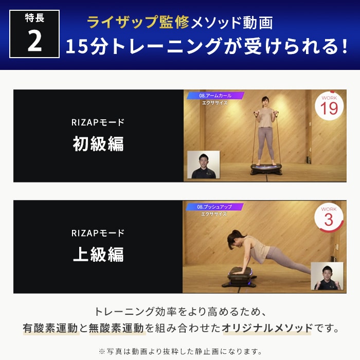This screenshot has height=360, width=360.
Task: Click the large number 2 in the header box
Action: coord(34,41)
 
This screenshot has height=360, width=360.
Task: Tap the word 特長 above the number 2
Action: coord(34,19)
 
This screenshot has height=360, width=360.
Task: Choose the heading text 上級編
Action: coord(98,255)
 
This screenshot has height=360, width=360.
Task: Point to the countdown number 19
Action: coord(329,109)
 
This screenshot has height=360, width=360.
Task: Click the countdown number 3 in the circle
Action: coord(329,220)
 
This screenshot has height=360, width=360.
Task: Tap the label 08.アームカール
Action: coord(215,96)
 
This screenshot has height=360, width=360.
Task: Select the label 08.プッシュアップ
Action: coord(215,207)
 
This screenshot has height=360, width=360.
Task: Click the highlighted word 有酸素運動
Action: coord(50,328)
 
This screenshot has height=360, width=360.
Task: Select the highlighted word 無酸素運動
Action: coord(117,328)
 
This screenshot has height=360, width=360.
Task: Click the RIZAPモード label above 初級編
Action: coord(98,122)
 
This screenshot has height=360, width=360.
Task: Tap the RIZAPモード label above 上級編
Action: coord(98,233)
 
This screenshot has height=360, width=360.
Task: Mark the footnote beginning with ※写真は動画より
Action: coord(180,351)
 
